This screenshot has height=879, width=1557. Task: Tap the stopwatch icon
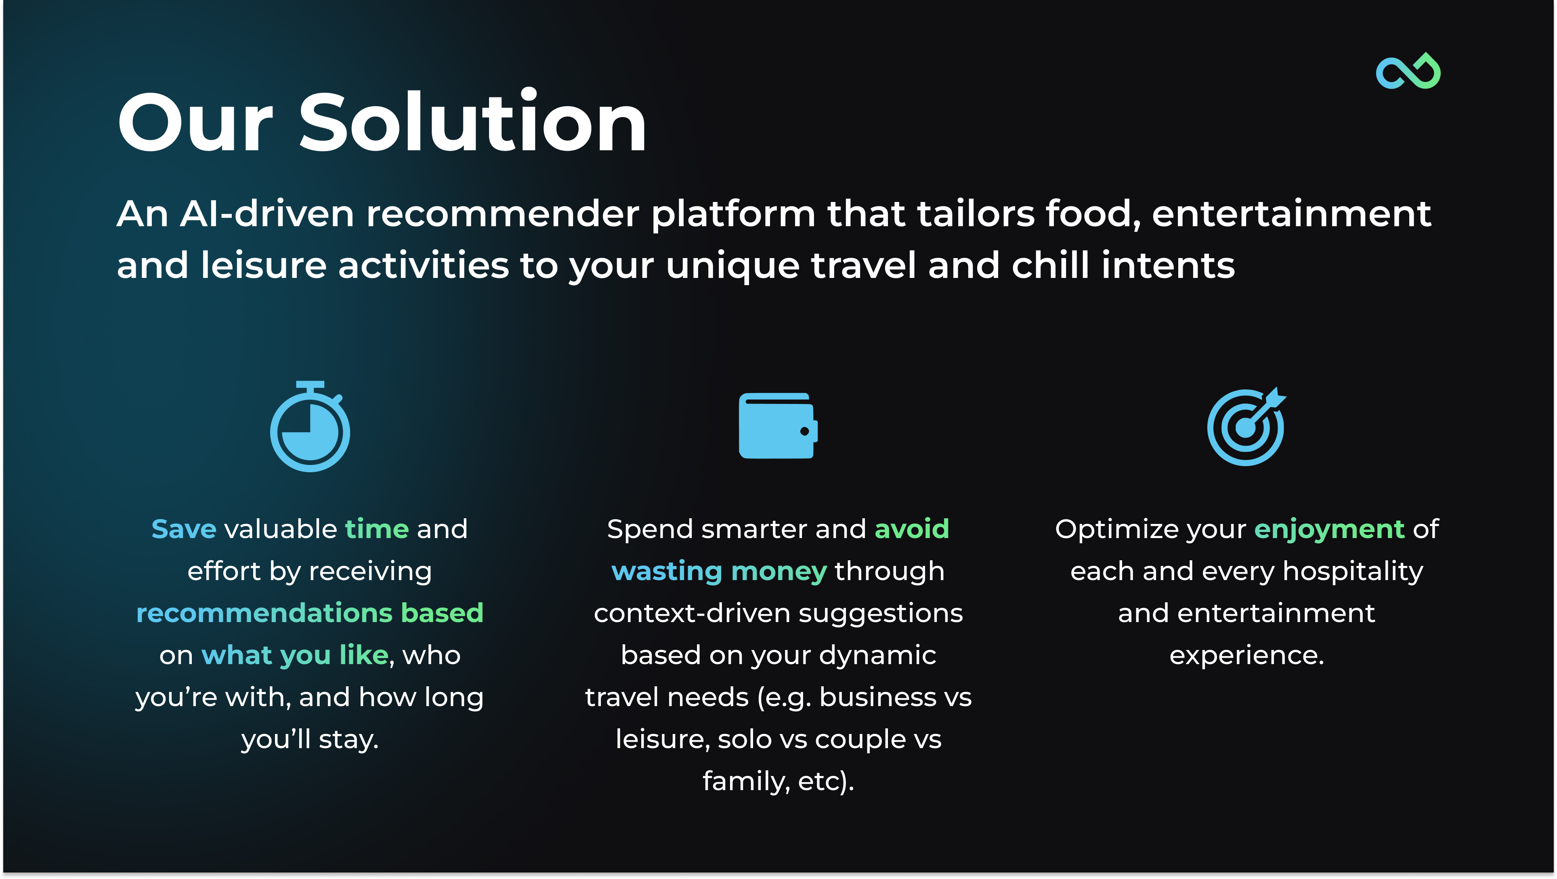(x=309, y=426)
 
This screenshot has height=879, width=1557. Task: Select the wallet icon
(x=778, y=426)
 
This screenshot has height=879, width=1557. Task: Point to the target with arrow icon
(x=1246, y=426)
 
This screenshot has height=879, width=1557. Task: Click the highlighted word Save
(x=184, y=529)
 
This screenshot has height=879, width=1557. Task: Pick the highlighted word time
(x=377, y=529)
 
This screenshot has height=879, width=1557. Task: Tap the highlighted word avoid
(x=912, y=529)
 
